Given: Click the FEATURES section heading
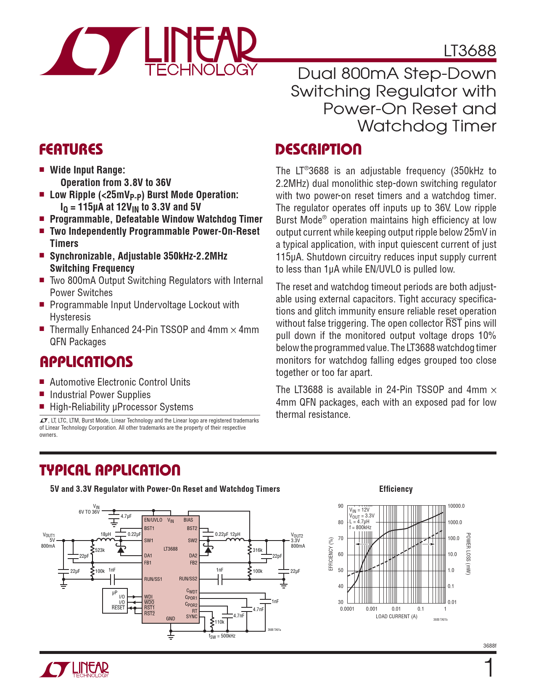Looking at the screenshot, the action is (71, 149).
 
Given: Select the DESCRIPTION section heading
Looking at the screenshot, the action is (318, 149).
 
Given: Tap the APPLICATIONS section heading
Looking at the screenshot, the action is (86, 362).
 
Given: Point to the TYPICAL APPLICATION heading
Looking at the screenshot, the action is (110, 470).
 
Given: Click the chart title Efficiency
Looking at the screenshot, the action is (396, 489).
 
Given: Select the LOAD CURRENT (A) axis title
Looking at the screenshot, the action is (396, 617).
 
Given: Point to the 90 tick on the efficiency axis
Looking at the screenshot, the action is (341, 506).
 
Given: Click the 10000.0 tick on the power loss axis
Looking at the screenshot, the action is (456, 506).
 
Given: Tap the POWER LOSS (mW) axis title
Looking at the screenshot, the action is (468, 554).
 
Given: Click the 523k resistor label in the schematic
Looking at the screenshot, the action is (100, 550).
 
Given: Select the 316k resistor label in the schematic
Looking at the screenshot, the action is (258, 550).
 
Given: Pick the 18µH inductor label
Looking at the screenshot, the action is (106, 534).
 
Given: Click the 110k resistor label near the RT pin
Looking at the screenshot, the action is (219, 622).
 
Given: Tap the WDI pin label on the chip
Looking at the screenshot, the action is (148, 597).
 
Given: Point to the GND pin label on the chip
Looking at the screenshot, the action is (171, 618).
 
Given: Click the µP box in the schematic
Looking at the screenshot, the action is (115, 601).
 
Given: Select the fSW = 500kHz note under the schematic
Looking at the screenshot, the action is (222, 636).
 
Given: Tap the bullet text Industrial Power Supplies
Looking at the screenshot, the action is (100, 394).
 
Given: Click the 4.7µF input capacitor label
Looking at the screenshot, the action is (126, 516).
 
